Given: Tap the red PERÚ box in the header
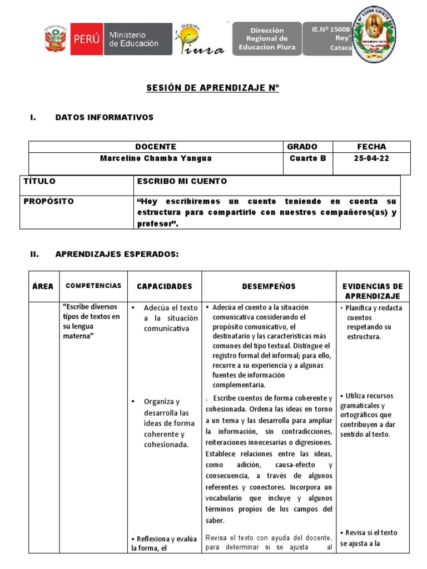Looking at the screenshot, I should [x=87, y=39].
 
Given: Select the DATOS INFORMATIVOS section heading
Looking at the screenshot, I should [x=104, y=117].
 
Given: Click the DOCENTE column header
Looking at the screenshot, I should [x=156, y=147].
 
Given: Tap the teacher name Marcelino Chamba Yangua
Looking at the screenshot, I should [x=156, y=158].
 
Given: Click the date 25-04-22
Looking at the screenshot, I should [x=371, y=158].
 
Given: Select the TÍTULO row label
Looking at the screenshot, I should [x=39, y=181].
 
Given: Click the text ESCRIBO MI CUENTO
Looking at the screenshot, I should [x=181, y=181].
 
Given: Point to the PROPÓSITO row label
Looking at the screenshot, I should [x=48, y=201].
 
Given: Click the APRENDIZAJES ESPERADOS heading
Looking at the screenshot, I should [x=117, y=254].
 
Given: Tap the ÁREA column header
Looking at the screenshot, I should [x=43, y=286].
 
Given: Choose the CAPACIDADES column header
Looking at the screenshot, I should [x=164, y=286].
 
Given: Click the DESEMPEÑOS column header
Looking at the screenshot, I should [x=269, y=286].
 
